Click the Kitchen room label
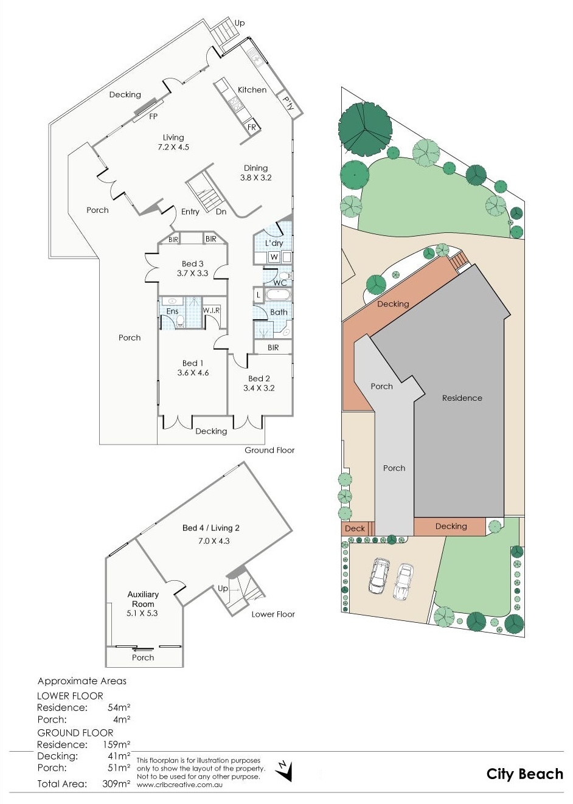252,90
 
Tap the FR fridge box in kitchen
252,126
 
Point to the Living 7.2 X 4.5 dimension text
173,147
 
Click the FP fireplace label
153,116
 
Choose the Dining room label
255,168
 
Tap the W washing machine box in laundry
274,257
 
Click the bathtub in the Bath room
279,296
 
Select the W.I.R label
211,310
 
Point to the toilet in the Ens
181,321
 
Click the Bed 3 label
193,264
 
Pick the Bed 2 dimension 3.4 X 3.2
259,388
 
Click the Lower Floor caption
273,614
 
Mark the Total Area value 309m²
116,783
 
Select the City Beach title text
524,774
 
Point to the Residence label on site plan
462,398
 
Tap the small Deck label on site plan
355,528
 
